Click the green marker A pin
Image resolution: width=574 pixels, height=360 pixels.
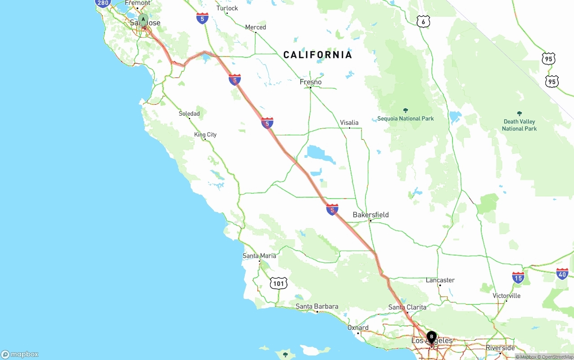click(x=143, y=20)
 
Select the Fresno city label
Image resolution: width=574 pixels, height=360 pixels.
click(x=311, y=82)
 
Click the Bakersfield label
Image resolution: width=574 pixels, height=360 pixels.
click(x=370, y=215)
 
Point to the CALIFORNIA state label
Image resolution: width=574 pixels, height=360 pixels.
click(x=317, y=55)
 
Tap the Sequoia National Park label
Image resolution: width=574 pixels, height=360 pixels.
click(x=405, y=118)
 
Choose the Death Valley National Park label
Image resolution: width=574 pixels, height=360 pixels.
click(x=519, y=125)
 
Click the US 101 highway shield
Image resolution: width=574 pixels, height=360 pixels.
click(x=278, y=283)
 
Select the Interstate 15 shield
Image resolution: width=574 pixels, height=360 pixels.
click(x=518, y=278)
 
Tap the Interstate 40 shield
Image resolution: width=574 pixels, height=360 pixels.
click(x=562, y=273)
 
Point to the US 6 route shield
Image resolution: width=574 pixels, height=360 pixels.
click(x=423, y=22)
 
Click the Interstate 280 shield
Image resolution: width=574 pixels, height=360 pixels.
click(x=103, y=3)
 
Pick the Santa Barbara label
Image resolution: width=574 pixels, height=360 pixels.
click(x=317, y=307)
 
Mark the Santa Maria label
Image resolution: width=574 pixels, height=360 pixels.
click(x=259, y=256)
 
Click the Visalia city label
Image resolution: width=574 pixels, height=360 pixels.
click(x=349, y=122)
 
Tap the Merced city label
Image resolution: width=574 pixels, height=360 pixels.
click(x=255, y=27)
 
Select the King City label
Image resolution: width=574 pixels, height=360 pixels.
click(x=205, y=134)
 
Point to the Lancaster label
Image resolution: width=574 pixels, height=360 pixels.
click(x=440, y=280)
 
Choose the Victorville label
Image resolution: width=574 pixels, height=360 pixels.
click(x=506, y=296)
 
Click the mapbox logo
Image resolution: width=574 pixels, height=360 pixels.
click(x=20, y=354)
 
